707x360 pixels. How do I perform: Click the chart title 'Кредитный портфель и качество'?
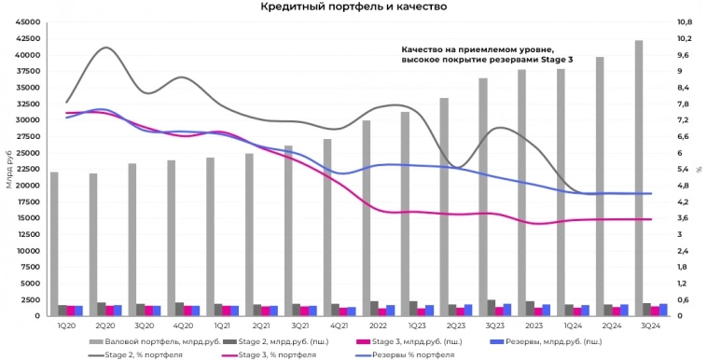(353, 7)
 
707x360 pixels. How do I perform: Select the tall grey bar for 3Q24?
(638, 177)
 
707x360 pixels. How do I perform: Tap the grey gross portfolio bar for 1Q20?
(54, 243)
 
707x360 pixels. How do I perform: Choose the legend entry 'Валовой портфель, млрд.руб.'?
(140, 341)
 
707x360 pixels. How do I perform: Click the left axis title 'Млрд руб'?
(8, 169)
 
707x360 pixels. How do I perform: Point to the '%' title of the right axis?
(698, 169)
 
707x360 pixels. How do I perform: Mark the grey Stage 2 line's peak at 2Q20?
(106, 48)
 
